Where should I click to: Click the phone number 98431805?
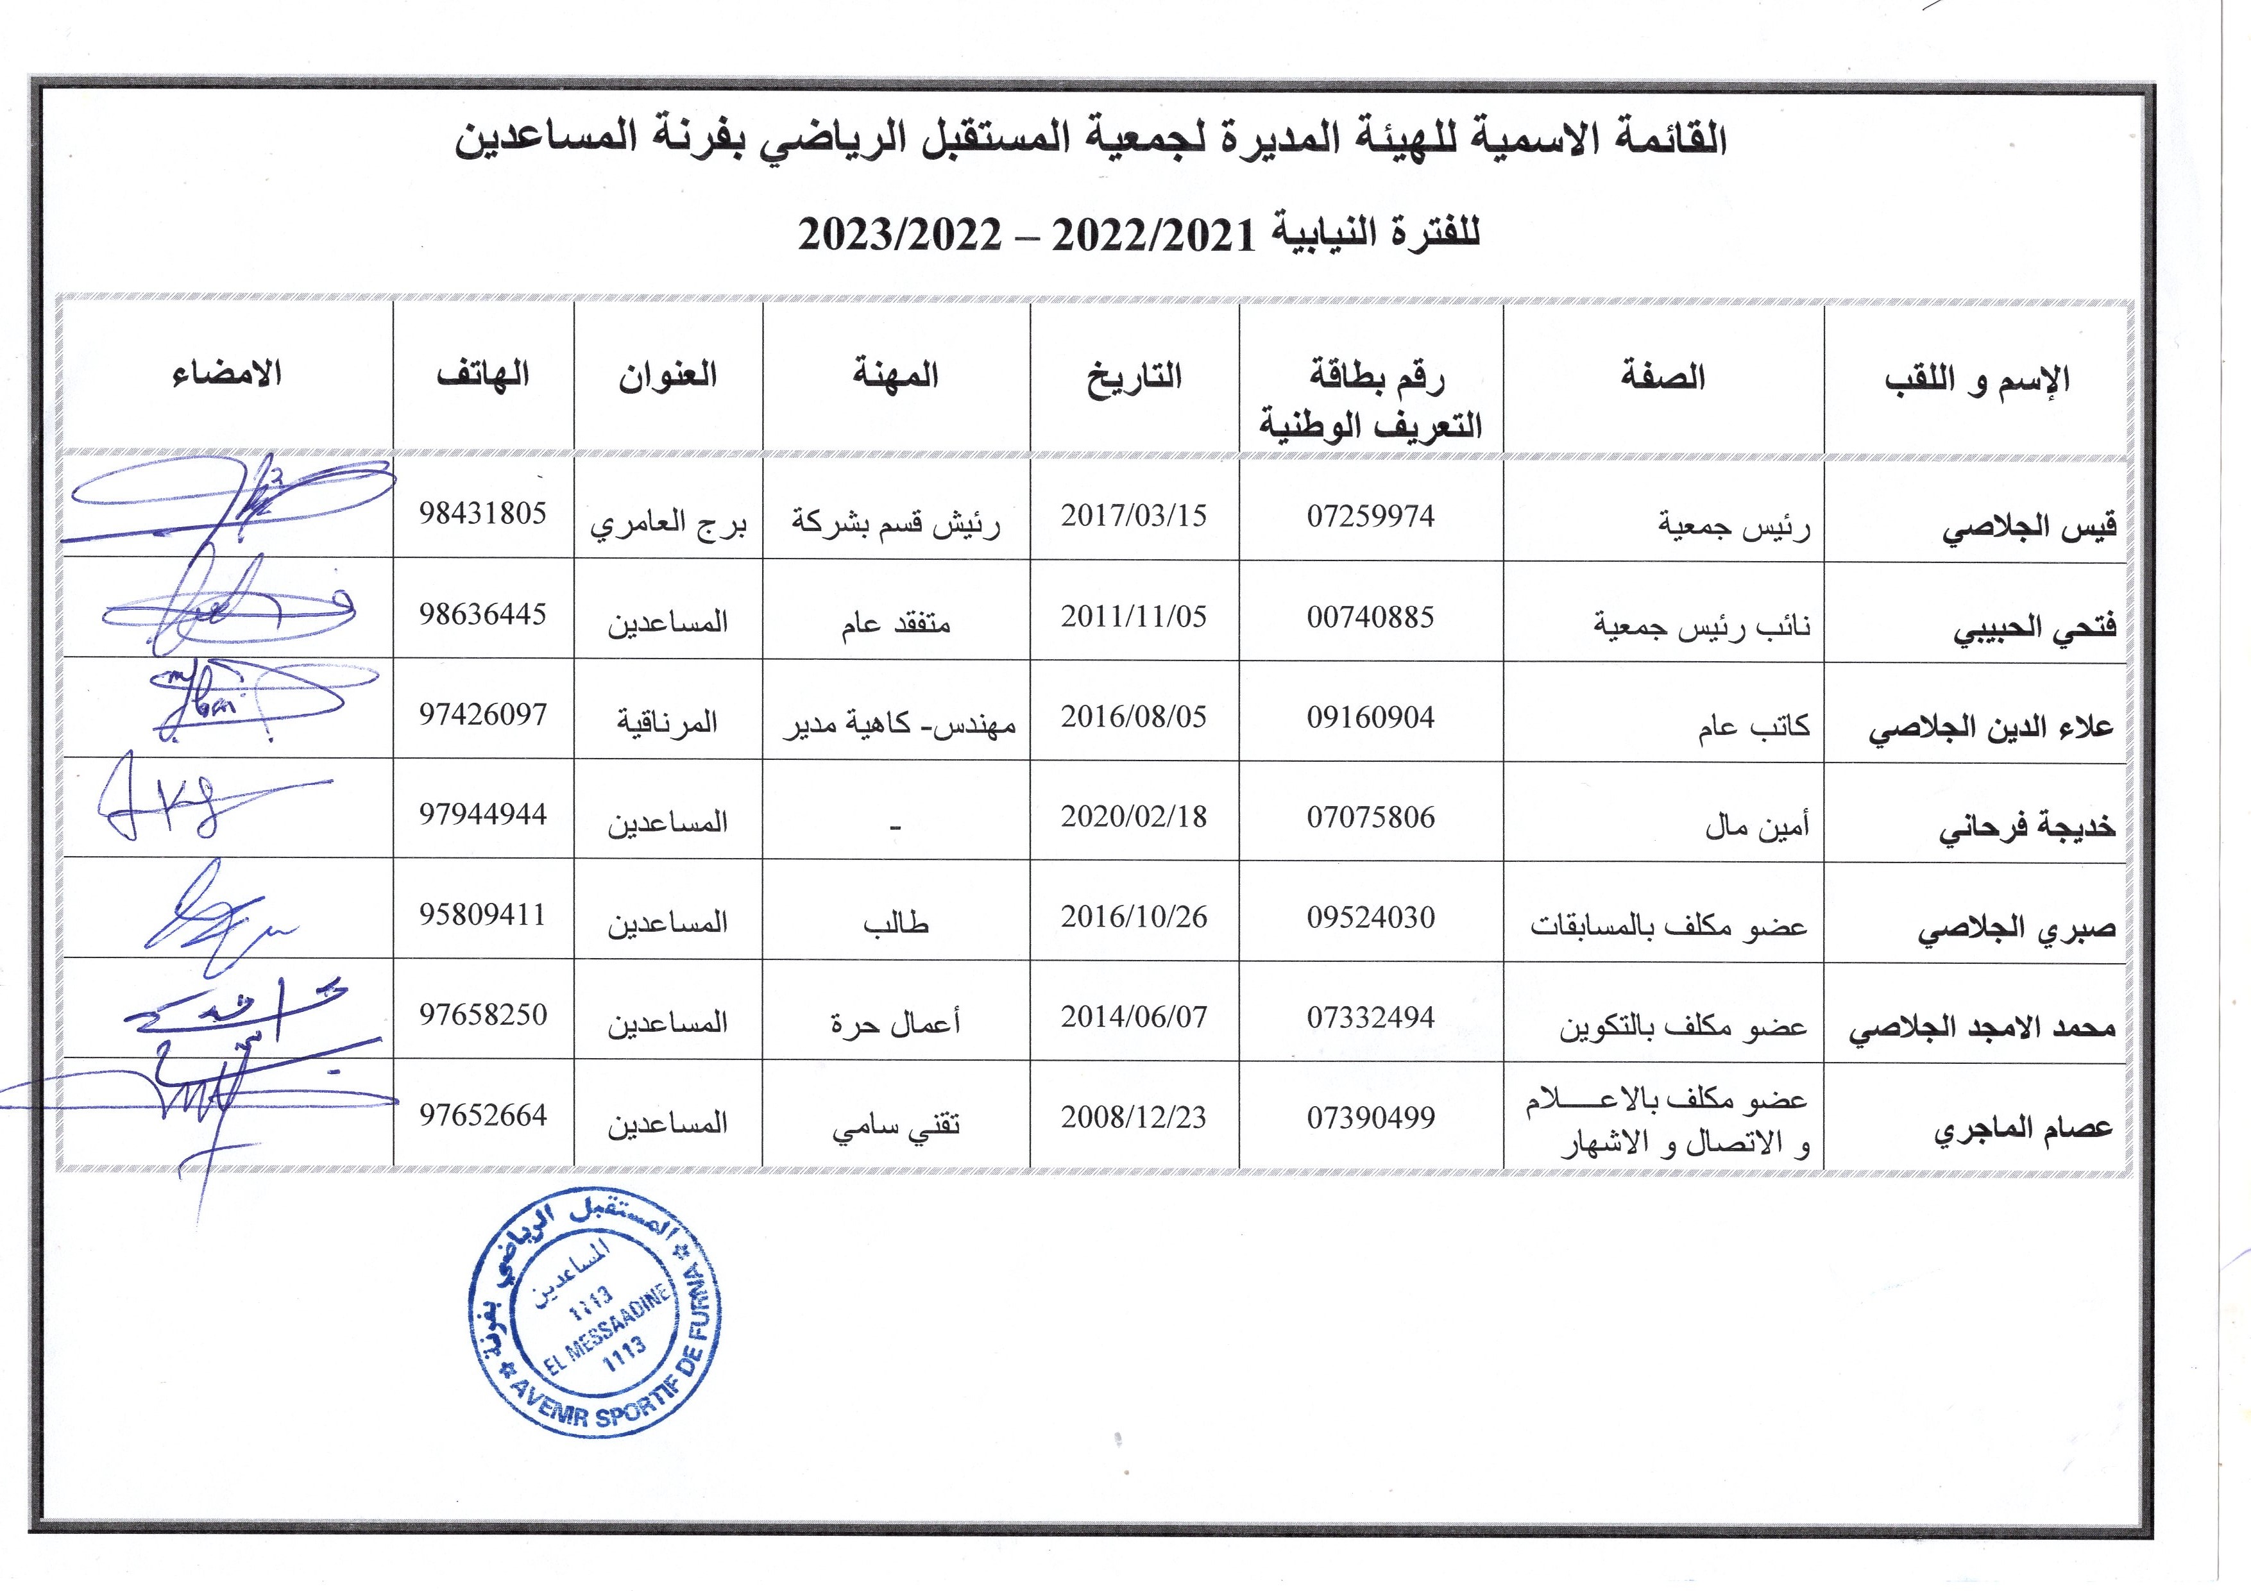(x=482, y=512)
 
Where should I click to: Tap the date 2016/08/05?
(x=1134, y=716)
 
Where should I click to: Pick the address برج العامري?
(x=668, y=523)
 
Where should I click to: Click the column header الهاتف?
(x=482, y=375)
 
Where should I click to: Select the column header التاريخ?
(x=1134, y=378)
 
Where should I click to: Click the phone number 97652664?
(x=482, y=1115)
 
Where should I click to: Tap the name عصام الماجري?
(x=2023, y=1128)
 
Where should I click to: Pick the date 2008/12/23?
(x=1134, y=1116)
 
